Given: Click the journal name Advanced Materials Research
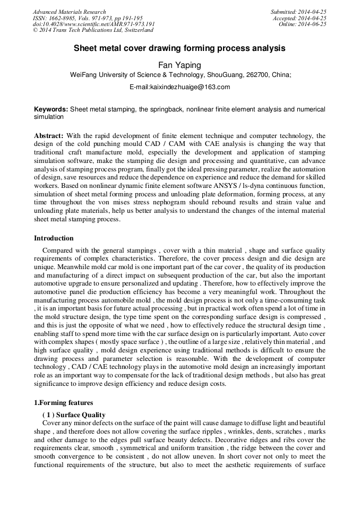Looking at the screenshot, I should point(69,12).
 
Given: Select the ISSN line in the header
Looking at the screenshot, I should point(87,18).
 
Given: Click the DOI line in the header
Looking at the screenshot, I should point(93,24).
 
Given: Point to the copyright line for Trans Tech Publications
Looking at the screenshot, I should point(93,30).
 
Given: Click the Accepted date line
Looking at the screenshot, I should point(299,18).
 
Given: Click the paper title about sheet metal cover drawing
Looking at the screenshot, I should point(179,48).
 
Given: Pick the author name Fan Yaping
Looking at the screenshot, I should point(179,65).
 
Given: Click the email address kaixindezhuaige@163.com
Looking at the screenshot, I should point(179,87).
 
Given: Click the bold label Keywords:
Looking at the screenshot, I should point(51,109).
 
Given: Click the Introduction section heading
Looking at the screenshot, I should point(54,238).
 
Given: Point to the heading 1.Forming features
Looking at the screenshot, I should point(63,403).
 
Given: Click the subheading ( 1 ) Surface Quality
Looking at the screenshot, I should point(74,415).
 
